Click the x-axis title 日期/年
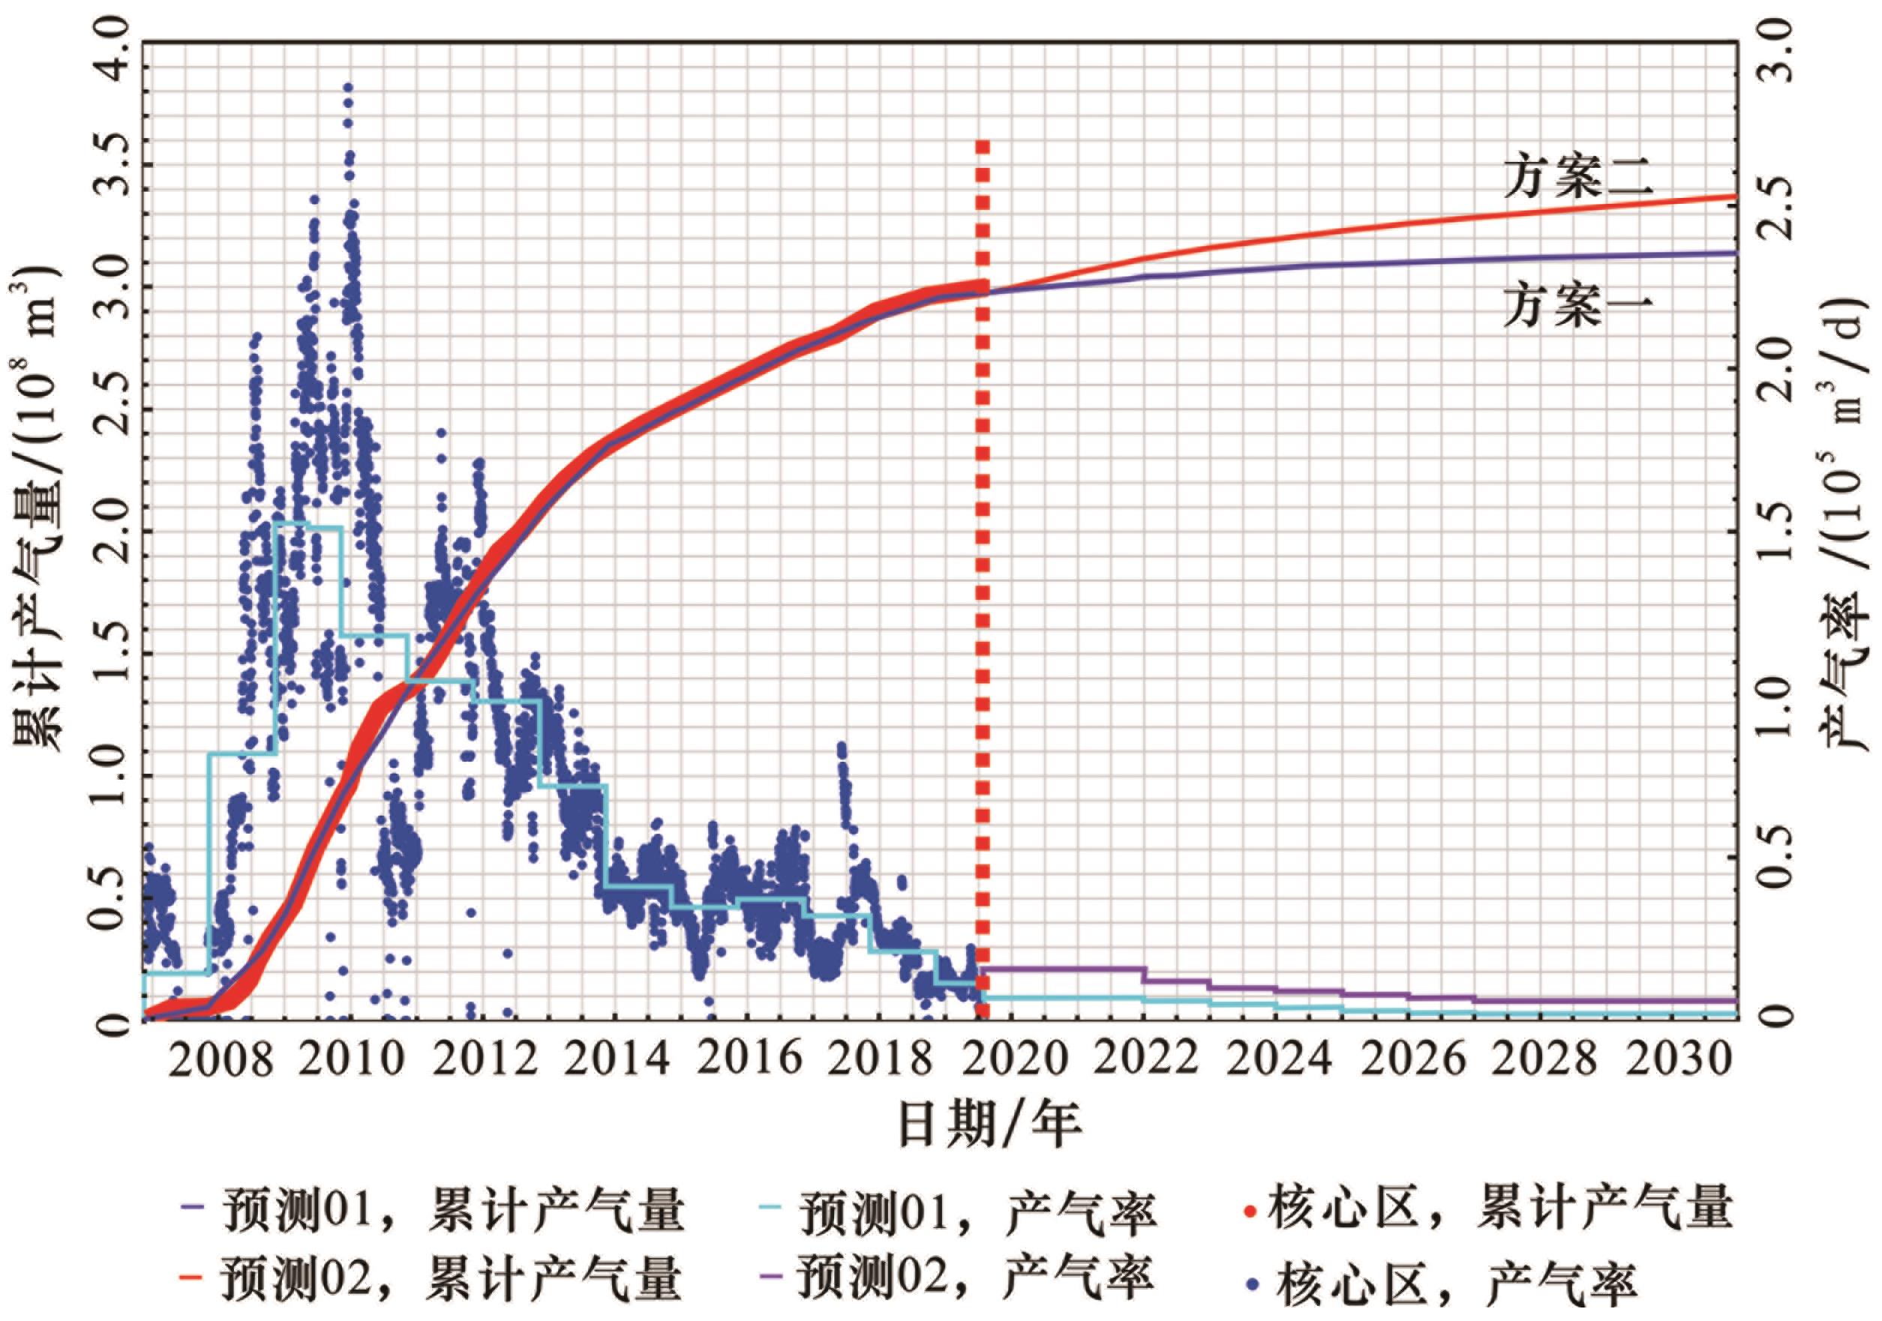pyautogui.click(x=990, y=1125)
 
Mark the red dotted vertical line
pyautogui.click(x=983, y=574)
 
